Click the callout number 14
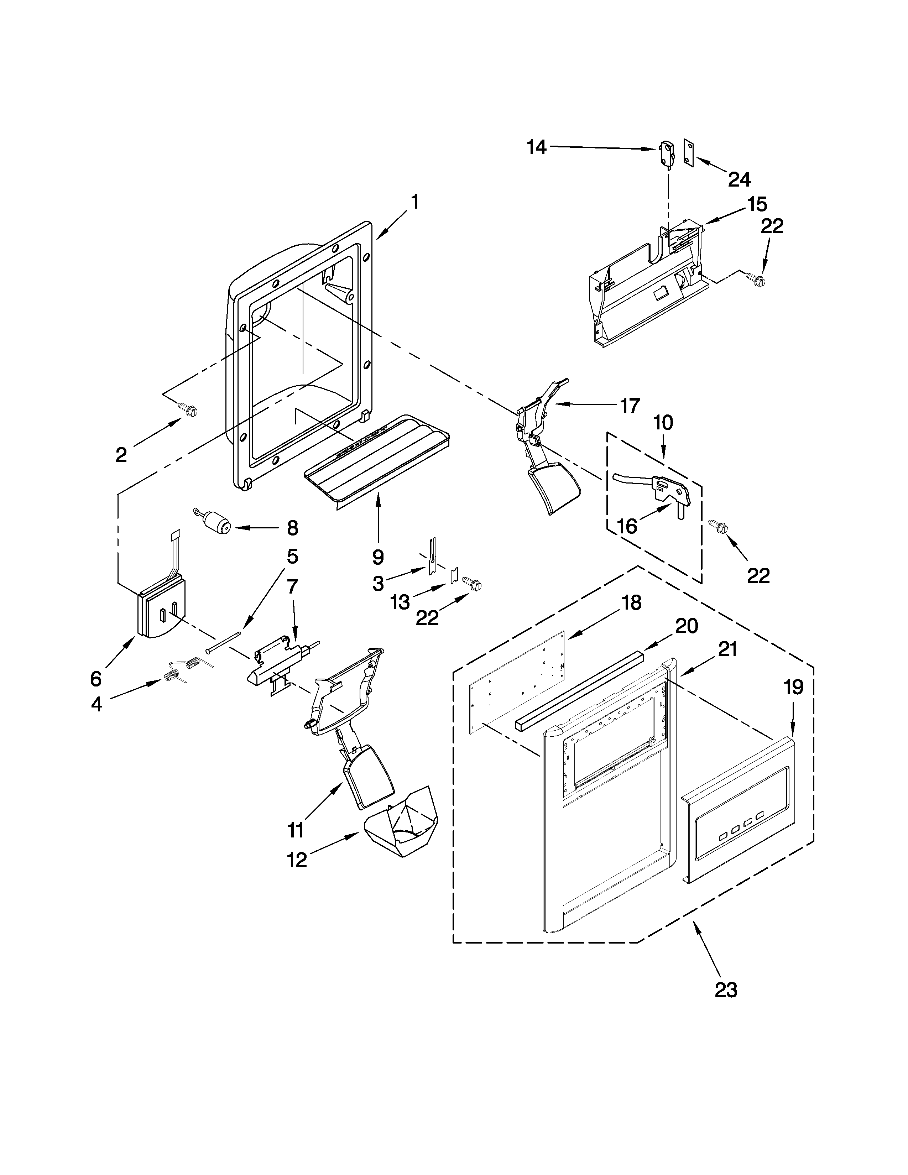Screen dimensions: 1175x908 [x=536, y=147]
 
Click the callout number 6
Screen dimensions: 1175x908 [x=96, y=679]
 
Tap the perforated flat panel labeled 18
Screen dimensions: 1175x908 [x=516, y=682]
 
